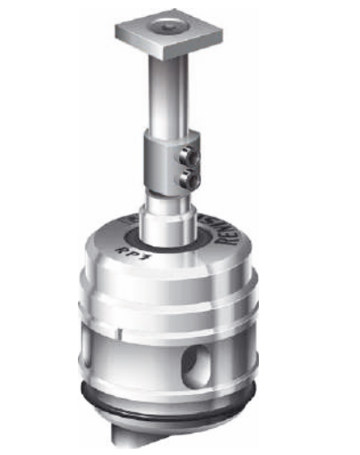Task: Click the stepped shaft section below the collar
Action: point(167,210)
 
